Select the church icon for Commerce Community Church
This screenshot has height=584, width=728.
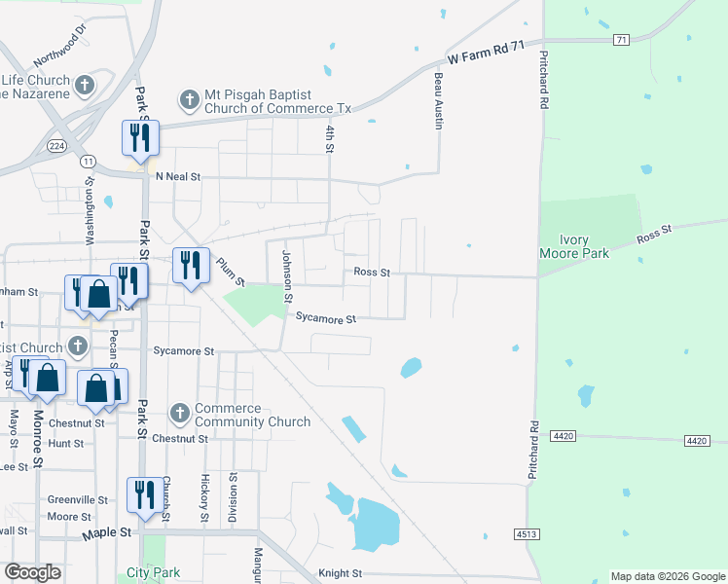pos(179,415)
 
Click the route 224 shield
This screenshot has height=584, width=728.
pos(57,146)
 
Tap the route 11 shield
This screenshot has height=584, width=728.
pos(89,160)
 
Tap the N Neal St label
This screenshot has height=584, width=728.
pos(177,177)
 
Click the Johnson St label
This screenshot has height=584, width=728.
pos(287,274)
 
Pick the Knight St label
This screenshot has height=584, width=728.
pos(340,574)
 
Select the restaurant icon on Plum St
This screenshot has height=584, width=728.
pos(190,264)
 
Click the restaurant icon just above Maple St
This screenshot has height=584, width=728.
pos(144,493)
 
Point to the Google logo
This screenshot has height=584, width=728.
pos(33,572)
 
